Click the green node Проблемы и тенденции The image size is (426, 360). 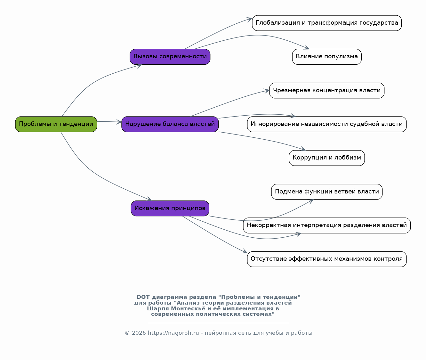point(56,124)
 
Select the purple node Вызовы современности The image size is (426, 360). point(170,57)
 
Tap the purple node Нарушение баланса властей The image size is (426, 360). point(170,124)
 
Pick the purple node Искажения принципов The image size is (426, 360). point(170,208)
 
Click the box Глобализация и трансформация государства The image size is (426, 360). point(327,23)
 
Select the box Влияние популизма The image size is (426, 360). point(327,57)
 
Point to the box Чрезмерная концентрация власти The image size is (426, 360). point(327,90)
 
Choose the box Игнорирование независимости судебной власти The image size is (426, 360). point(327,124)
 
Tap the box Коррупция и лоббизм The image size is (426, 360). point(327,158)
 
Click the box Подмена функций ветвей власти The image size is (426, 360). point(327,192)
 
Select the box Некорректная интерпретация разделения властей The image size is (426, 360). point(327,225)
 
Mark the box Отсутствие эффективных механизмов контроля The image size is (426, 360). point(327,259)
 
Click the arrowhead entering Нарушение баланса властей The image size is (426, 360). point(119,122)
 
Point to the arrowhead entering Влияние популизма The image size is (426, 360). point(307,47)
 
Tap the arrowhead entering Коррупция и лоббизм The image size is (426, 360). point(303,149)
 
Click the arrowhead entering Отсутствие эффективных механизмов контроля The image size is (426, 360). point(245,251)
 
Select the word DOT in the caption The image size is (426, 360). point(143,297)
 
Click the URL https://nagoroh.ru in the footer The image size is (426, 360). point(173,333)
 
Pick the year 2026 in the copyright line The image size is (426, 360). point(139,333)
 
